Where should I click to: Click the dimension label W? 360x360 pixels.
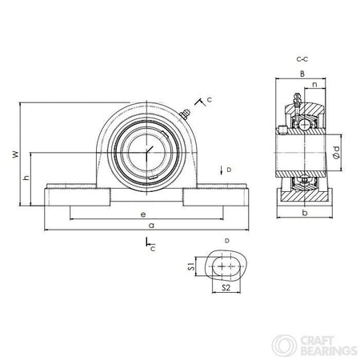[16, 154]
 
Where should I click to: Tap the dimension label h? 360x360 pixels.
[26, 177]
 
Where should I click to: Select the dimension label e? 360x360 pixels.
[143, 214]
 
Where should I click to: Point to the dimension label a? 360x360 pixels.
[151, 226]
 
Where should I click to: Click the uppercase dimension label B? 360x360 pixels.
[302, 74]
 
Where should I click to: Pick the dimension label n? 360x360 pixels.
[315, 85]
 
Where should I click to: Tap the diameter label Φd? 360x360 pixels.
[337, 153]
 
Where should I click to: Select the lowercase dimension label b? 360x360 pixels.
[305, 213]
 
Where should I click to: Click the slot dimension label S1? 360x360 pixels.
[191, 266]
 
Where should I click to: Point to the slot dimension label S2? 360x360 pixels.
[226, 287]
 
